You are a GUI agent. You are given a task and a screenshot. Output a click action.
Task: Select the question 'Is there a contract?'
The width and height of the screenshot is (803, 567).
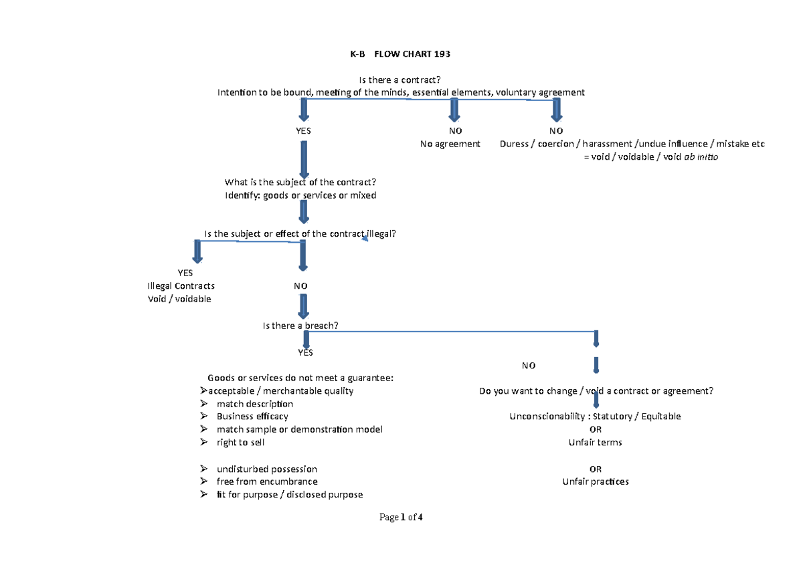coord(400,80)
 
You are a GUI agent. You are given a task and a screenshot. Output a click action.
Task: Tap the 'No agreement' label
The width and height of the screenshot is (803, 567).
coord(450,144)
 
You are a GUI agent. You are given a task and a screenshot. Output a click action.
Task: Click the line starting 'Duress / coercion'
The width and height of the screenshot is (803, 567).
coord(632,144)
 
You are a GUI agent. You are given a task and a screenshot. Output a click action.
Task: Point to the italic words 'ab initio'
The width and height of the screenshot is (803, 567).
coord(699,157)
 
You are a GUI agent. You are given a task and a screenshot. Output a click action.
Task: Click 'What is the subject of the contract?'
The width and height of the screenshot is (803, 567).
coord(300,183)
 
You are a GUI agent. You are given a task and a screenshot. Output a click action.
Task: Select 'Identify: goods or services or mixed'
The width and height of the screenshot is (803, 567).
coord(300,195)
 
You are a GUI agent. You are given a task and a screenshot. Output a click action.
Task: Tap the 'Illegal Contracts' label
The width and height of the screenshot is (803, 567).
coord(181,286)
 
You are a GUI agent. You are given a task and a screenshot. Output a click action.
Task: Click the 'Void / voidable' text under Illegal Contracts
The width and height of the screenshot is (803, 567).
coord(179,299)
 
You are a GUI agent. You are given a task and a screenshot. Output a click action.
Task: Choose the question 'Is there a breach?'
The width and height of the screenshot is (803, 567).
coord(300,326)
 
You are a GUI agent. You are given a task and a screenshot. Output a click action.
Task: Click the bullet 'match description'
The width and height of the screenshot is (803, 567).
coord(254,404)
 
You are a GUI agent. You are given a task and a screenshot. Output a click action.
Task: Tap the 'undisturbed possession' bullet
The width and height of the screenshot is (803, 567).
coord(266,469)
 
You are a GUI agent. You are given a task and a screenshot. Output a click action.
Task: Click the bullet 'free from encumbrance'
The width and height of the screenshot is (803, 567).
coord(266,481)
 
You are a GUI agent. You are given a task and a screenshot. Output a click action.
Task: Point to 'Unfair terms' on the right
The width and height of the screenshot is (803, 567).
coord(595,443)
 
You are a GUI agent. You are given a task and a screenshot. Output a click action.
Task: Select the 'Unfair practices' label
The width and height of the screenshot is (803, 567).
coord(595,481)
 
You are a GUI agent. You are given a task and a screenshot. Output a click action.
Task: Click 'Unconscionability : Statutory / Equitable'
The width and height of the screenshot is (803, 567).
coord(595,417)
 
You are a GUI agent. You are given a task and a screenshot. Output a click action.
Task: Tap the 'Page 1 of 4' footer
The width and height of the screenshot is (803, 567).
coord(401,517)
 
